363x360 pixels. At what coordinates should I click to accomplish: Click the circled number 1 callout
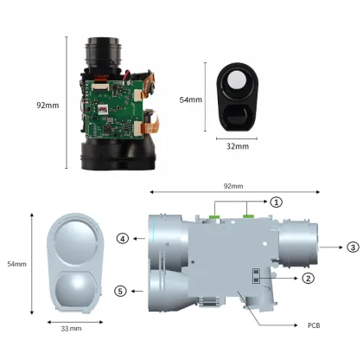pos(276,201)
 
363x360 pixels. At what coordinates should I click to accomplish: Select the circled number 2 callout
pos(307,278)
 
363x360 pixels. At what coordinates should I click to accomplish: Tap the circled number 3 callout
pos(353,247)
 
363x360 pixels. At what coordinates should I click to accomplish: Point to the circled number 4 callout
pos(124,238)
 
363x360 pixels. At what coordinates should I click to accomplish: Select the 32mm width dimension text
pos(237,146)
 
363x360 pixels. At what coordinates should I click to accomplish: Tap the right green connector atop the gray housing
pos(252,209)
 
